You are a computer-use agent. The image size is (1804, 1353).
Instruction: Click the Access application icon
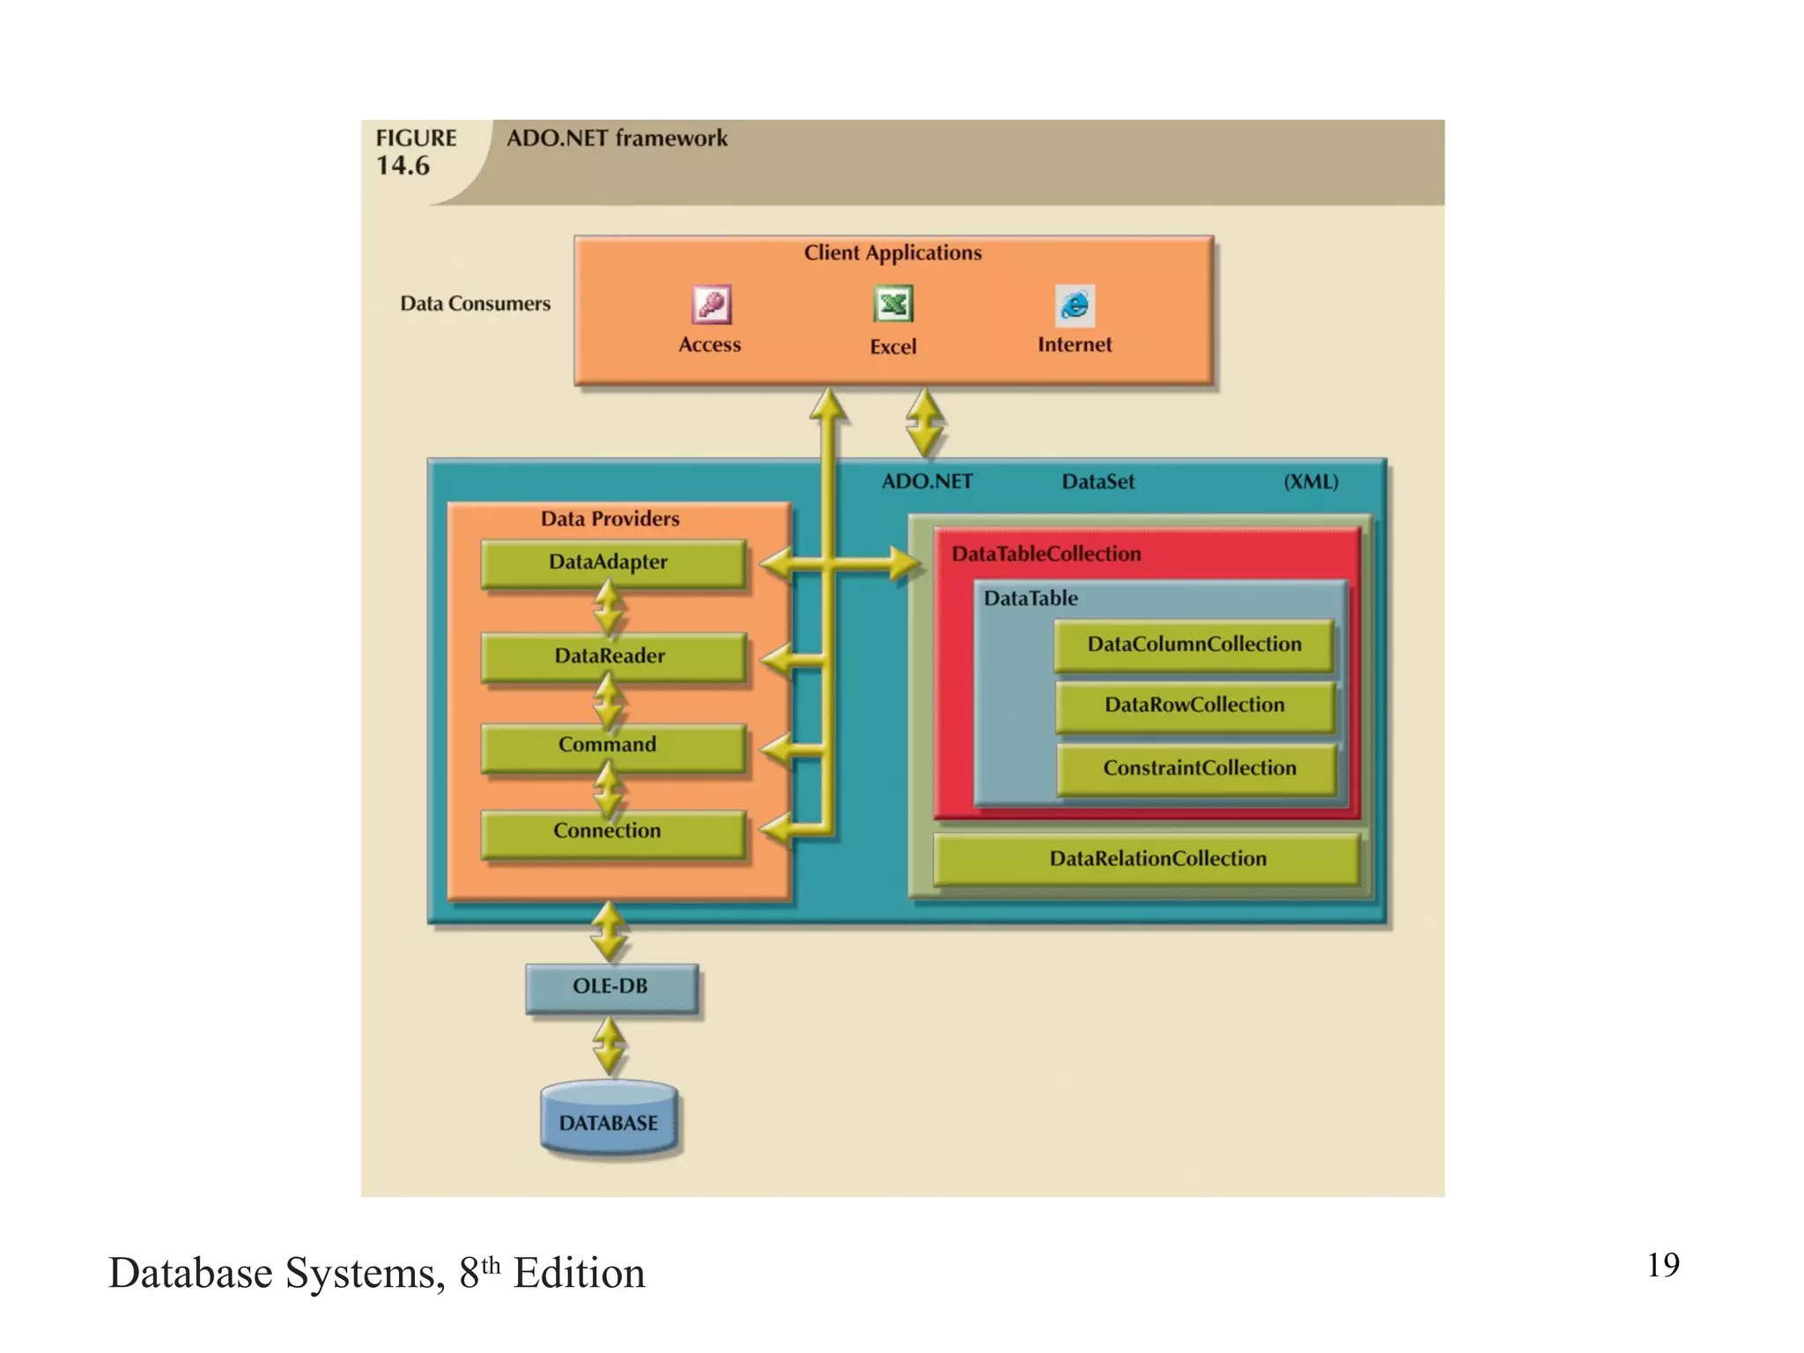(711, 305)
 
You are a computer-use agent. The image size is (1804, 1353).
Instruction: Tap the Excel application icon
(893, 305)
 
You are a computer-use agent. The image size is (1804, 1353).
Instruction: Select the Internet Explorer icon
(1075, 306)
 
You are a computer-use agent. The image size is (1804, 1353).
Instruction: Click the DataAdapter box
(613, 563)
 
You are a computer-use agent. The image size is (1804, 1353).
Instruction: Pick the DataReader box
(613, 656)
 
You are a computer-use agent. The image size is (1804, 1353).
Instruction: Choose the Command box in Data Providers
(613, 747)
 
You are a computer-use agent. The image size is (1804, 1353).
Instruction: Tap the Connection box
(613, 832)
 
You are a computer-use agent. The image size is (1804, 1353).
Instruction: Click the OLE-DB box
(611, 987)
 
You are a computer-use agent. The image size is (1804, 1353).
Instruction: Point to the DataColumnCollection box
(1194, 645)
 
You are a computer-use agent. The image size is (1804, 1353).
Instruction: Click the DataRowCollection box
(1194, 706)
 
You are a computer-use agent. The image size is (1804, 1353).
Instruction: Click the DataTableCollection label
(1046, 554)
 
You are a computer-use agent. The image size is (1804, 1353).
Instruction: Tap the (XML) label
(1310, 482)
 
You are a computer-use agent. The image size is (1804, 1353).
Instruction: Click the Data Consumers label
(475, 304)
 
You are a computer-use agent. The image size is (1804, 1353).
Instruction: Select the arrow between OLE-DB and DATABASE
(610, 1046)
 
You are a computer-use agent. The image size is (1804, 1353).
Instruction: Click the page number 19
(1662, 1265)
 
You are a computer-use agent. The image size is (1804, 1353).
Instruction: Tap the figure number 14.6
(403, 166)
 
